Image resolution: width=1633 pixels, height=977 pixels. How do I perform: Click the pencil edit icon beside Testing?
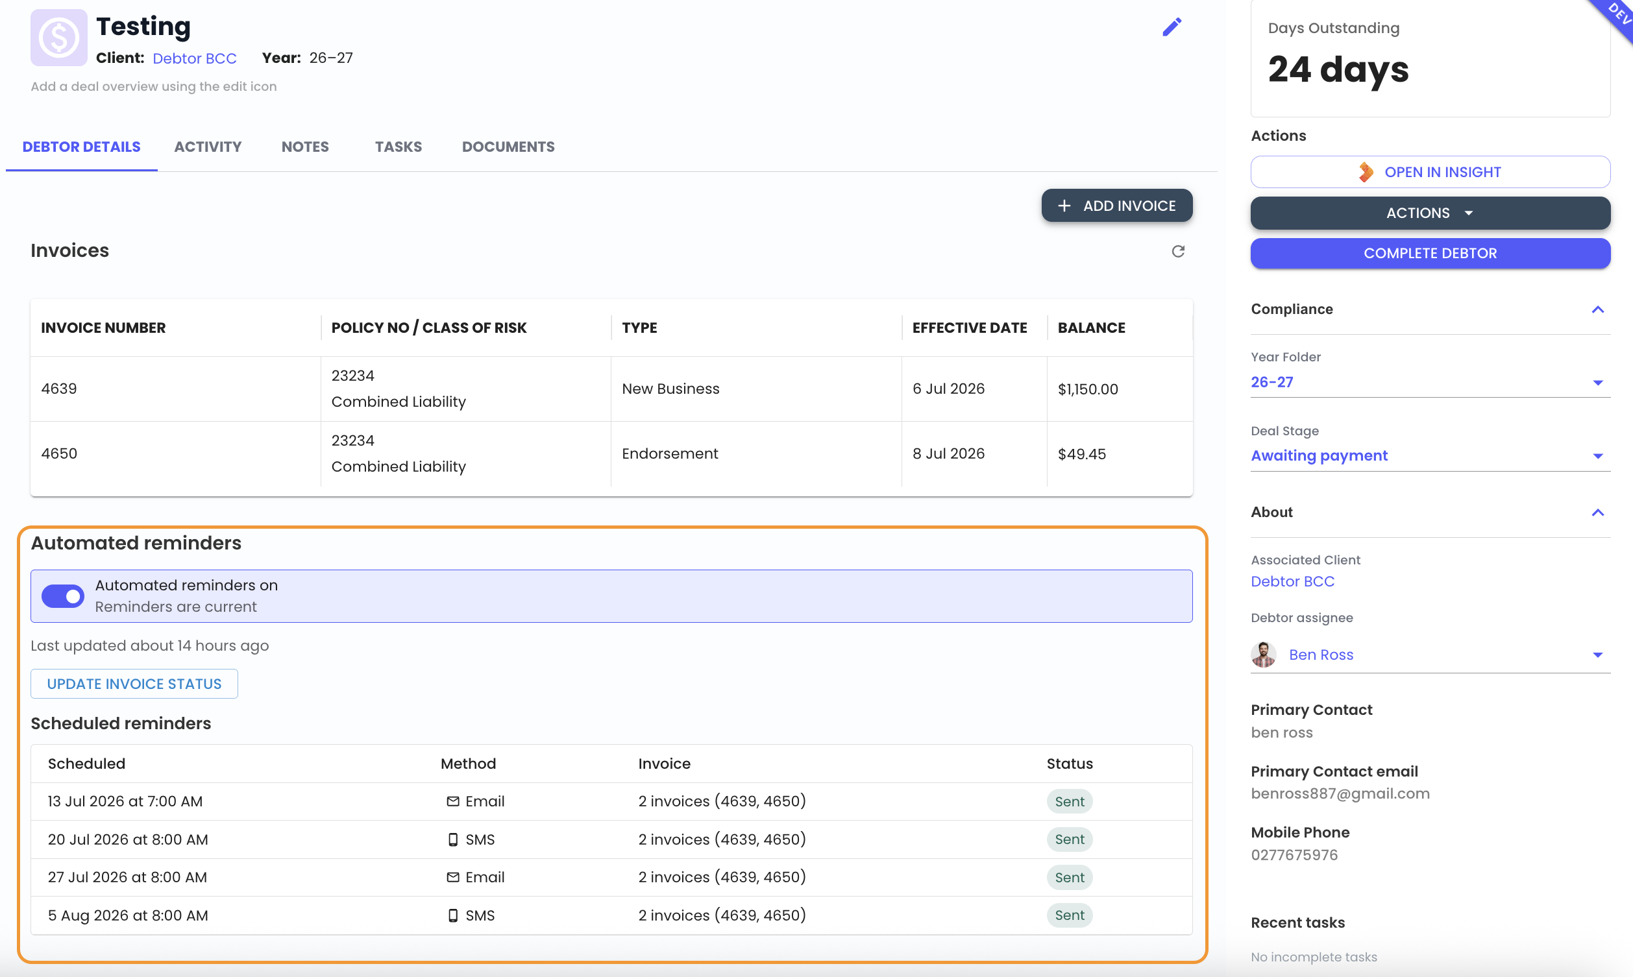[1172, 27]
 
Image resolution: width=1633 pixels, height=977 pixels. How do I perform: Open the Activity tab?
[208, 147]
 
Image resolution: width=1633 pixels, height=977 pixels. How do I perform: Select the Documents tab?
[508, 147]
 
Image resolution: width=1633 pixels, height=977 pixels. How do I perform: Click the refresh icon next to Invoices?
[1178, 252]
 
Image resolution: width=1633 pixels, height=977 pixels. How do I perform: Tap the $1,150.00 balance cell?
[1088, 389]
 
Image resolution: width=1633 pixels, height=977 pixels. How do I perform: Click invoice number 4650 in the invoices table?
[59, 453]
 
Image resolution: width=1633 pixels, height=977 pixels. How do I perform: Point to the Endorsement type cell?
[670, 453]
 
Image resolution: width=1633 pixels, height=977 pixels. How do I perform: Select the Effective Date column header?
[969, 328]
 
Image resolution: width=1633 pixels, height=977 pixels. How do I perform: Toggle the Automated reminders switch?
[62, 596]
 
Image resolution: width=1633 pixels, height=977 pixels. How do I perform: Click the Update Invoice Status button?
[134, 684]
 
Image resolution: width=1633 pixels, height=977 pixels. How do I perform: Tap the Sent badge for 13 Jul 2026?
[1070, 802]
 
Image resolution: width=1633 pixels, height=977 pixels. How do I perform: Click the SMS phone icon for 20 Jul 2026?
[453, 840]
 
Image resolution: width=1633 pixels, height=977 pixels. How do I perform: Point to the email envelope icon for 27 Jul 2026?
[453, 878]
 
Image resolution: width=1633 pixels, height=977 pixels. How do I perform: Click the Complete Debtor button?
[1430, 254]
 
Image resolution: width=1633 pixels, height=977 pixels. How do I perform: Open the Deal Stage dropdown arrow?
[1598, 456]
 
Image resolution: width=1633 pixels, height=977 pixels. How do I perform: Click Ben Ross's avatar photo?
[1264, 655]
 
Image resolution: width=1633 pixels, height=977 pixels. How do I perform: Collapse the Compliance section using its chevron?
[1598, 309]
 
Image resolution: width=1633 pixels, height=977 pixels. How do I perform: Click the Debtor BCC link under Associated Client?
[1292, 581]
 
